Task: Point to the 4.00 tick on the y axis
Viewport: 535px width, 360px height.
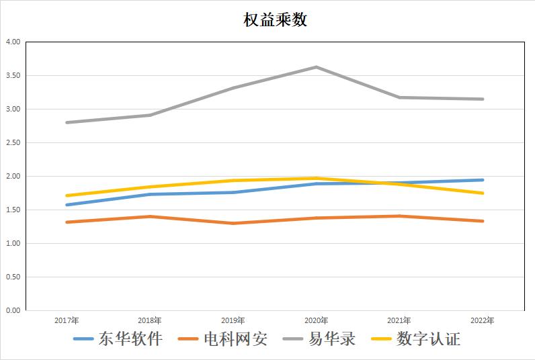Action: (x=13, y=42)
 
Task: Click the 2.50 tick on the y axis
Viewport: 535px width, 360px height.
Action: (x=13, y=143)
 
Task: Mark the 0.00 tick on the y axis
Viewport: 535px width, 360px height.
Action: (x=13, y=311)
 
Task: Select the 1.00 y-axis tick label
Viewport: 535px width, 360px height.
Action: (x=13, y=244)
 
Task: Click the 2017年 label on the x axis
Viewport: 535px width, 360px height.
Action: (x=67, y=320)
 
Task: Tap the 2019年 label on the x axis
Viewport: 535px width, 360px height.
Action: (x=233, y=320)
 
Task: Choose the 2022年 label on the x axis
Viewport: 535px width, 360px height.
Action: (x=483, y=320)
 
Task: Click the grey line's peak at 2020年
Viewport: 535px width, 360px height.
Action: (x=316, y=67)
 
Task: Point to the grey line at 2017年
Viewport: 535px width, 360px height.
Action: (x=67, y=122)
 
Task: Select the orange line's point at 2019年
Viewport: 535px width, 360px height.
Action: (x=233, y=223)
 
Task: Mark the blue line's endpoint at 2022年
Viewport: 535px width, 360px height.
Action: (x=483, y=180)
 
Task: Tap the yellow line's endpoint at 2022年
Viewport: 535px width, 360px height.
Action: (x=483, y=193)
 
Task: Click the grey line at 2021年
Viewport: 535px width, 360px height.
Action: (x=399, y=97)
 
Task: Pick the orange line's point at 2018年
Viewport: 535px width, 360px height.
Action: (x=150, y=216)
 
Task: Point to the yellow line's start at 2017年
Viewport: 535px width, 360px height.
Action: (x=67, y=195)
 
